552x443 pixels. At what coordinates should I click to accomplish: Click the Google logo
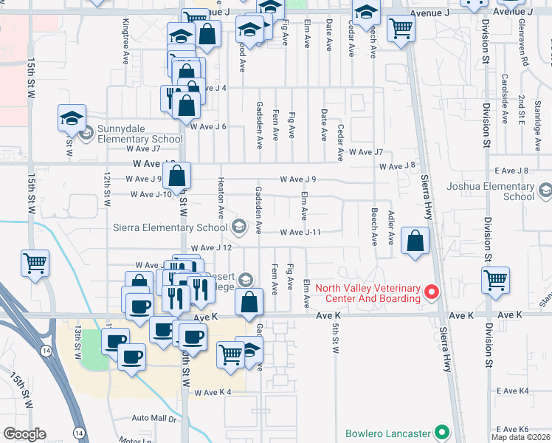pyautogui.click(x=24, y=434)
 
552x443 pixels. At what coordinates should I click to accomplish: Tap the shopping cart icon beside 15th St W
pyautogui.click(x=35, y=263)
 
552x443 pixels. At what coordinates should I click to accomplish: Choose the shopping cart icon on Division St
pyautogui.click(x=495, y=280)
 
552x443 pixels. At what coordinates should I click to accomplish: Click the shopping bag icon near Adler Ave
pyautogui.click(x=415, y=240)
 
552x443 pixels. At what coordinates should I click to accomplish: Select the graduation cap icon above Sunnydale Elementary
pyautogui.click(x=72, y=117)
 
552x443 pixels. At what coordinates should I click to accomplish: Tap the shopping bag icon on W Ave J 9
pyautogui.click(x=176, y=176)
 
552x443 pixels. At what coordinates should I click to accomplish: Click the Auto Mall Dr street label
pyautogui.click(x=155, y=419)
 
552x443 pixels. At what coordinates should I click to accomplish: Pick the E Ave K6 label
pyautogui.click(x=513, y=429)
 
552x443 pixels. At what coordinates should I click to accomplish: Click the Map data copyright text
pyautogui.click(x=520, y=437)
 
